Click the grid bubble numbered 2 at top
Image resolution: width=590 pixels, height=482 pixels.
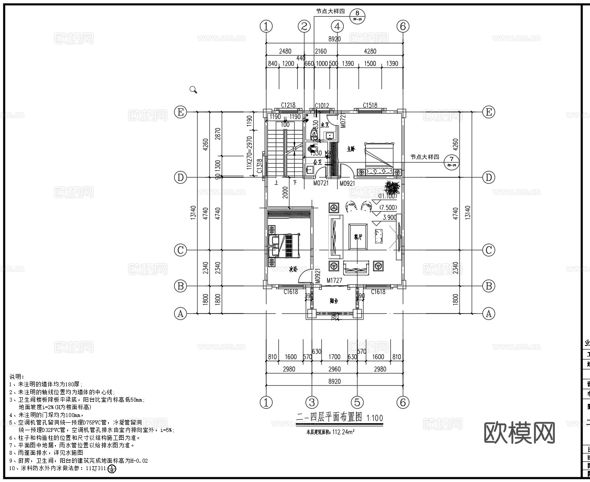tap(304, 26)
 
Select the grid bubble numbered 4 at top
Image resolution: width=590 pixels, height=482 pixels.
tap(337, 26)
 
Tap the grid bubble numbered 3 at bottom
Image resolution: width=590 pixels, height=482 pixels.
tap(312, 402)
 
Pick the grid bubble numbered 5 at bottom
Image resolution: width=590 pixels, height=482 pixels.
tap(357, 402)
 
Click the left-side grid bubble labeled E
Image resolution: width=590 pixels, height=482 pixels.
tap(180, 112)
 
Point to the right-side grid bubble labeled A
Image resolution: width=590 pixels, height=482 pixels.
tap(489, 313)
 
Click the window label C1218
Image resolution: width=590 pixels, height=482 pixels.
tap(288, 105)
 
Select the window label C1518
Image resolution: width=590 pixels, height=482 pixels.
tap(370, 105)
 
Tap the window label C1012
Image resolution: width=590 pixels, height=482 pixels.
tap(322, 105)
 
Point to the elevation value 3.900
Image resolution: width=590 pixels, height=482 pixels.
tap(389, 217)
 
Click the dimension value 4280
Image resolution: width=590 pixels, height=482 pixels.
tap(370, 51)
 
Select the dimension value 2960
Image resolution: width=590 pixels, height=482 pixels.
tap(335, 369)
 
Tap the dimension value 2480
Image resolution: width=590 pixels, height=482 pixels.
tap(285, 51)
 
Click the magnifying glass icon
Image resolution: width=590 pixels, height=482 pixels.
tap(193, 90)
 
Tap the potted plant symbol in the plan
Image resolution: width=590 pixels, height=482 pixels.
tap(392, 187)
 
